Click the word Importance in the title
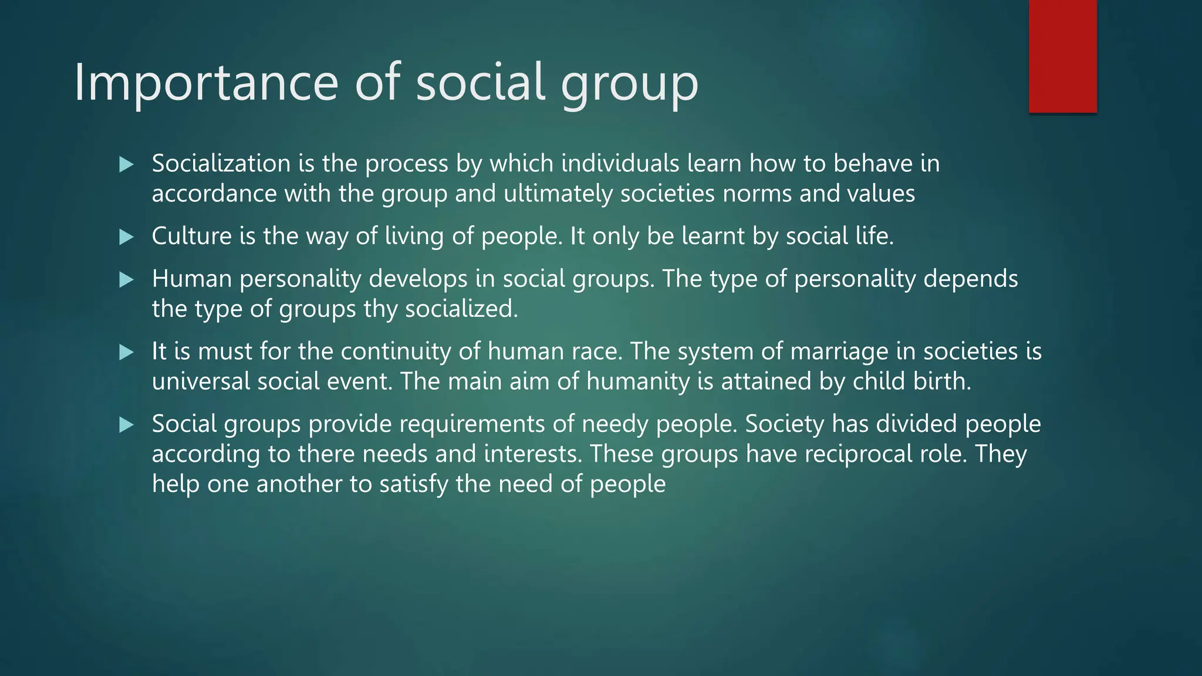[206, 82]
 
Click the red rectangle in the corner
[1062, 56]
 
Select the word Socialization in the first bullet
[221, 163]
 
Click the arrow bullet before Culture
[126, 237]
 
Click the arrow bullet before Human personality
[126, 279]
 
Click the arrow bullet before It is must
[126, 352]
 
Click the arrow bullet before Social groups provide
[126, 425]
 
